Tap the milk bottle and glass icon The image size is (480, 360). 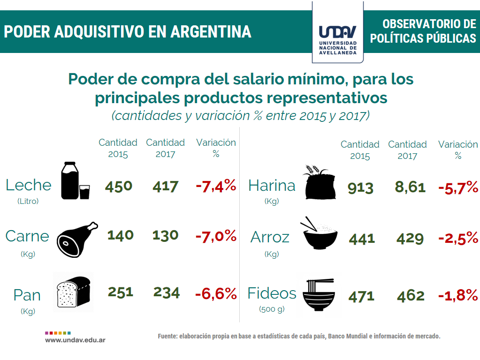(75, 181)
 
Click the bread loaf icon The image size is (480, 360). (73, 291)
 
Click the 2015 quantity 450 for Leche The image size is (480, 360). (118, 186)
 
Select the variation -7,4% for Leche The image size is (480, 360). (215, 186)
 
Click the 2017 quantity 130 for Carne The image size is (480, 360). (165, 235)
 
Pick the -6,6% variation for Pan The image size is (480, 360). (216, 294)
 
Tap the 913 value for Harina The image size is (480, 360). (360, 188)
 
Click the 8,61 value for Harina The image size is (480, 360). (410, 187)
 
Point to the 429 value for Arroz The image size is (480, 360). (410, 239)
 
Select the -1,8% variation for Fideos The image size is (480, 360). (457, 296)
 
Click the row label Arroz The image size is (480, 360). (270, 237)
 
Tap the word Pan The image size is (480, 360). (27, 295)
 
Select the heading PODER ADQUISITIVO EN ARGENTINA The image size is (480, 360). (128, 32)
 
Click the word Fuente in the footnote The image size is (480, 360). (168, 337)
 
